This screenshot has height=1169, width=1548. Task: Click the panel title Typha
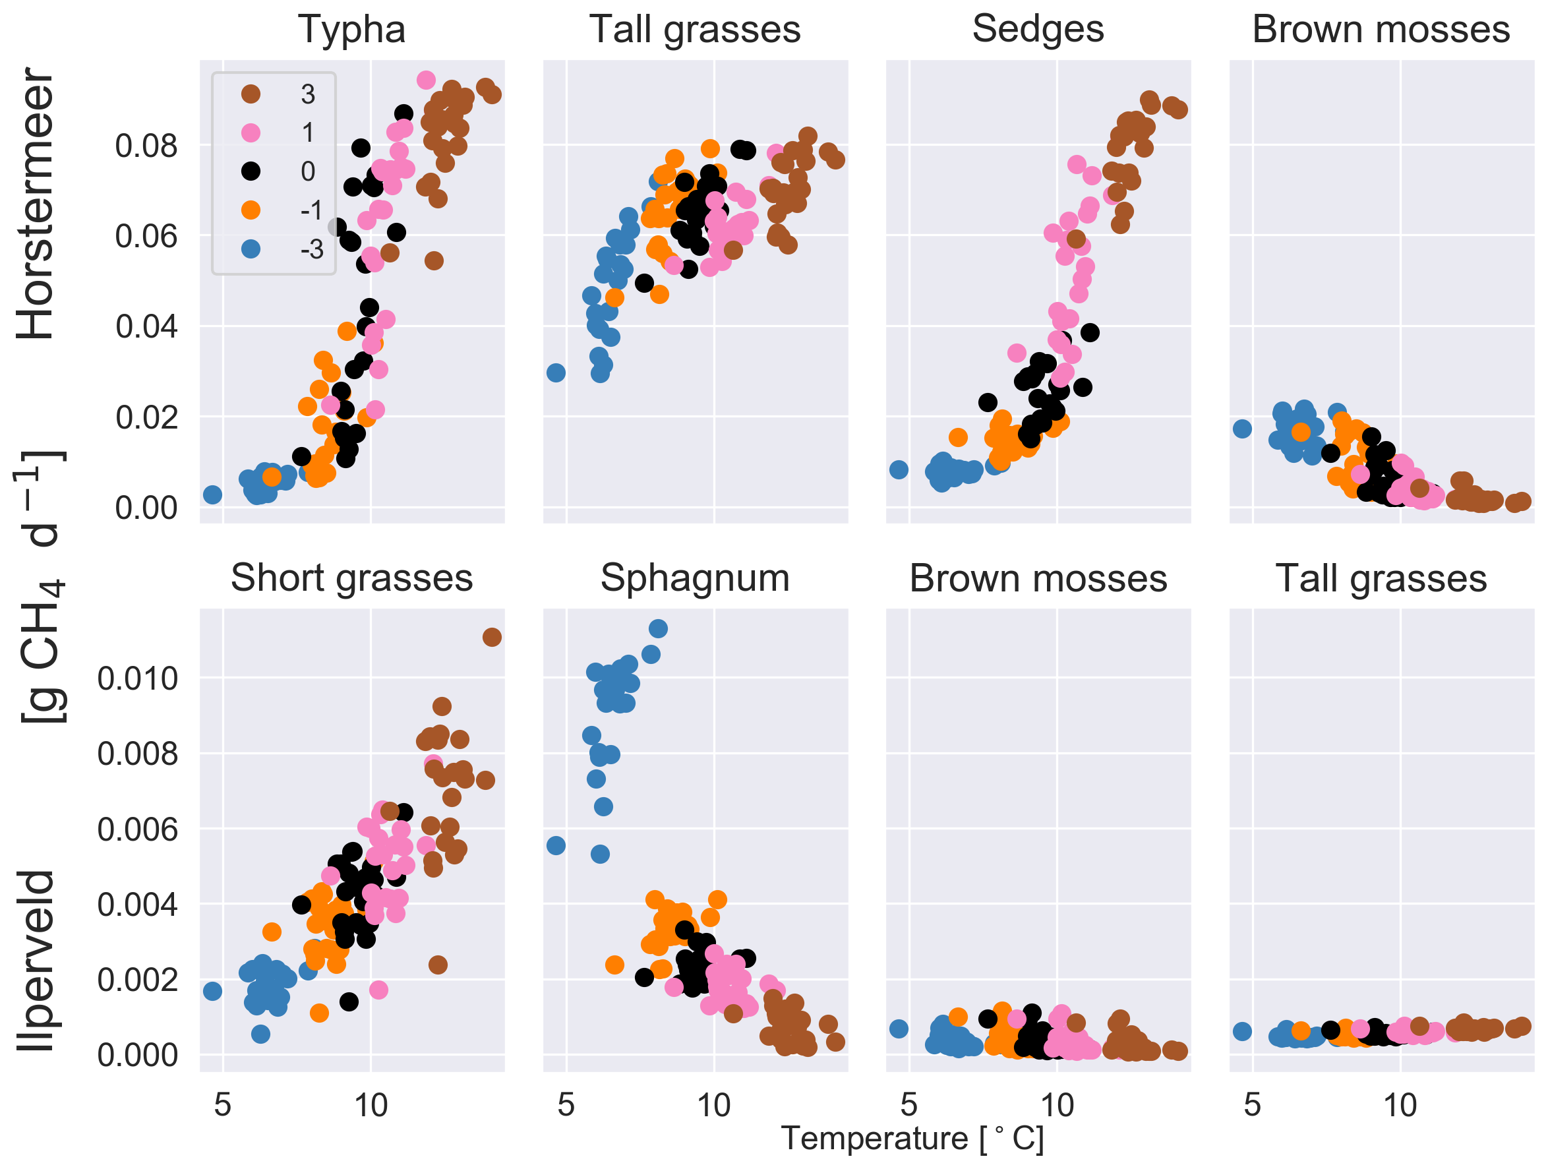tap(352, 30)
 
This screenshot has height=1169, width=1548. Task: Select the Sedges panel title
tap(1038, 30)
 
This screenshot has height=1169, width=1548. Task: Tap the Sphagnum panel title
tap(695, 579)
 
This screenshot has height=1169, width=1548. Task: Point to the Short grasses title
tap(352, 579)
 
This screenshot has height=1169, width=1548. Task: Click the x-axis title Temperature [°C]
tap(912, 1139)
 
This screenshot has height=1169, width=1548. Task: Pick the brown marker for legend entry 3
tap(251, 94)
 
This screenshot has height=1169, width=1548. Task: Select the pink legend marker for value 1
tap(251, 133)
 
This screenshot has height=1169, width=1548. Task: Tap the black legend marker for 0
tap(251, 171)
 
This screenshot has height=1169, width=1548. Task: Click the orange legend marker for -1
tap(251, 210)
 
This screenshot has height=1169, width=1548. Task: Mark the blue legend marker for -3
tap(251, 249)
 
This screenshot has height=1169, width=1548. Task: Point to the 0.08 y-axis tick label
tap(146, 146)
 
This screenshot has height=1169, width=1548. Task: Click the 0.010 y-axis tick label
tap(137, 679)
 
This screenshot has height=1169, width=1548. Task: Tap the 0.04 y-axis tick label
tap(146, 327)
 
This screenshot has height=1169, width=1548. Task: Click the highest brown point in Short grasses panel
tap(492, 637)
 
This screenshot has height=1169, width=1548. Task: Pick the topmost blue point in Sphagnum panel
tap(658, 628)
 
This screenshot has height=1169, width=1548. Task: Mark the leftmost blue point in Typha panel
tap(212, 495)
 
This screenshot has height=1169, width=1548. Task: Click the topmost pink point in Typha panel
tap(426, 80)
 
